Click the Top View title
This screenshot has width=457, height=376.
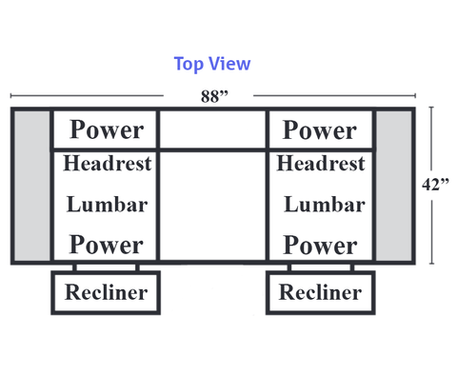point(212,64)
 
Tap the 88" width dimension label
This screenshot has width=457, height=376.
point(214,96)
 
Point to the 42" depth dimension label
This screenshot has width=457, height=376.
point(435,185)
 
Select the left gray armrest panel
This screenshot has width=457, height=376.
point(31,186)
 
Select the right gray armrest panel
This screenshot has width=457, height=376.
point(394,186)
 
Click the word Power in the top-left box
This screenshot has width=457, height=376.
point(107,129)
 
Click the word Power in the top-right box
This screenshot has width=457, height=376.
point(320,129)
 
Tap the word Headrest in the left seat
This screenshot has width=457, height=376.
point(108,163)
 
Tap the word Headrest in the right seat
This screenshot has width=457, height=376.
point(321,163)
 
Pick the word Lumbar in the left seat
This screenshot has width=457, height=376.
point(107,204)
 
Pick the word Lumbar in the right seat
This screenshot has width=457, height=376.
point(325,204)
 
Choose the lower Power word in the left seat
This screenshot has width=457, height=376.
point(106,245)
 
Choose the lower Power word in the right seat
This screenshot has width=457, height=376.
point(320,245)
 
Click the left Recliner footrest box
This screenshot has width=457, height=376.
point(106,292)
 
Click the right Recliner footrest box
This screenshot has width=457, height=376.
point(321,292)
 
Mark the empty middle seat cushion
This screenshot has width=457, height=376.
point(212,206)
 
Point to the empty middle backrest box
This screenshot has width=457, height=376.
point(212,129)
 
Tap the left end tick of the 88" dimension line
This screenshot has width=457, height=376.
point(11,95)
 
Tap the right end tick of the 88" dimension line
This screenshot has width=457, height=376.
point(415,95)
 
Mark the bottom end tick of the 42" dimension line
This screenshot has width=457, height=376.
point(431,264)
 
